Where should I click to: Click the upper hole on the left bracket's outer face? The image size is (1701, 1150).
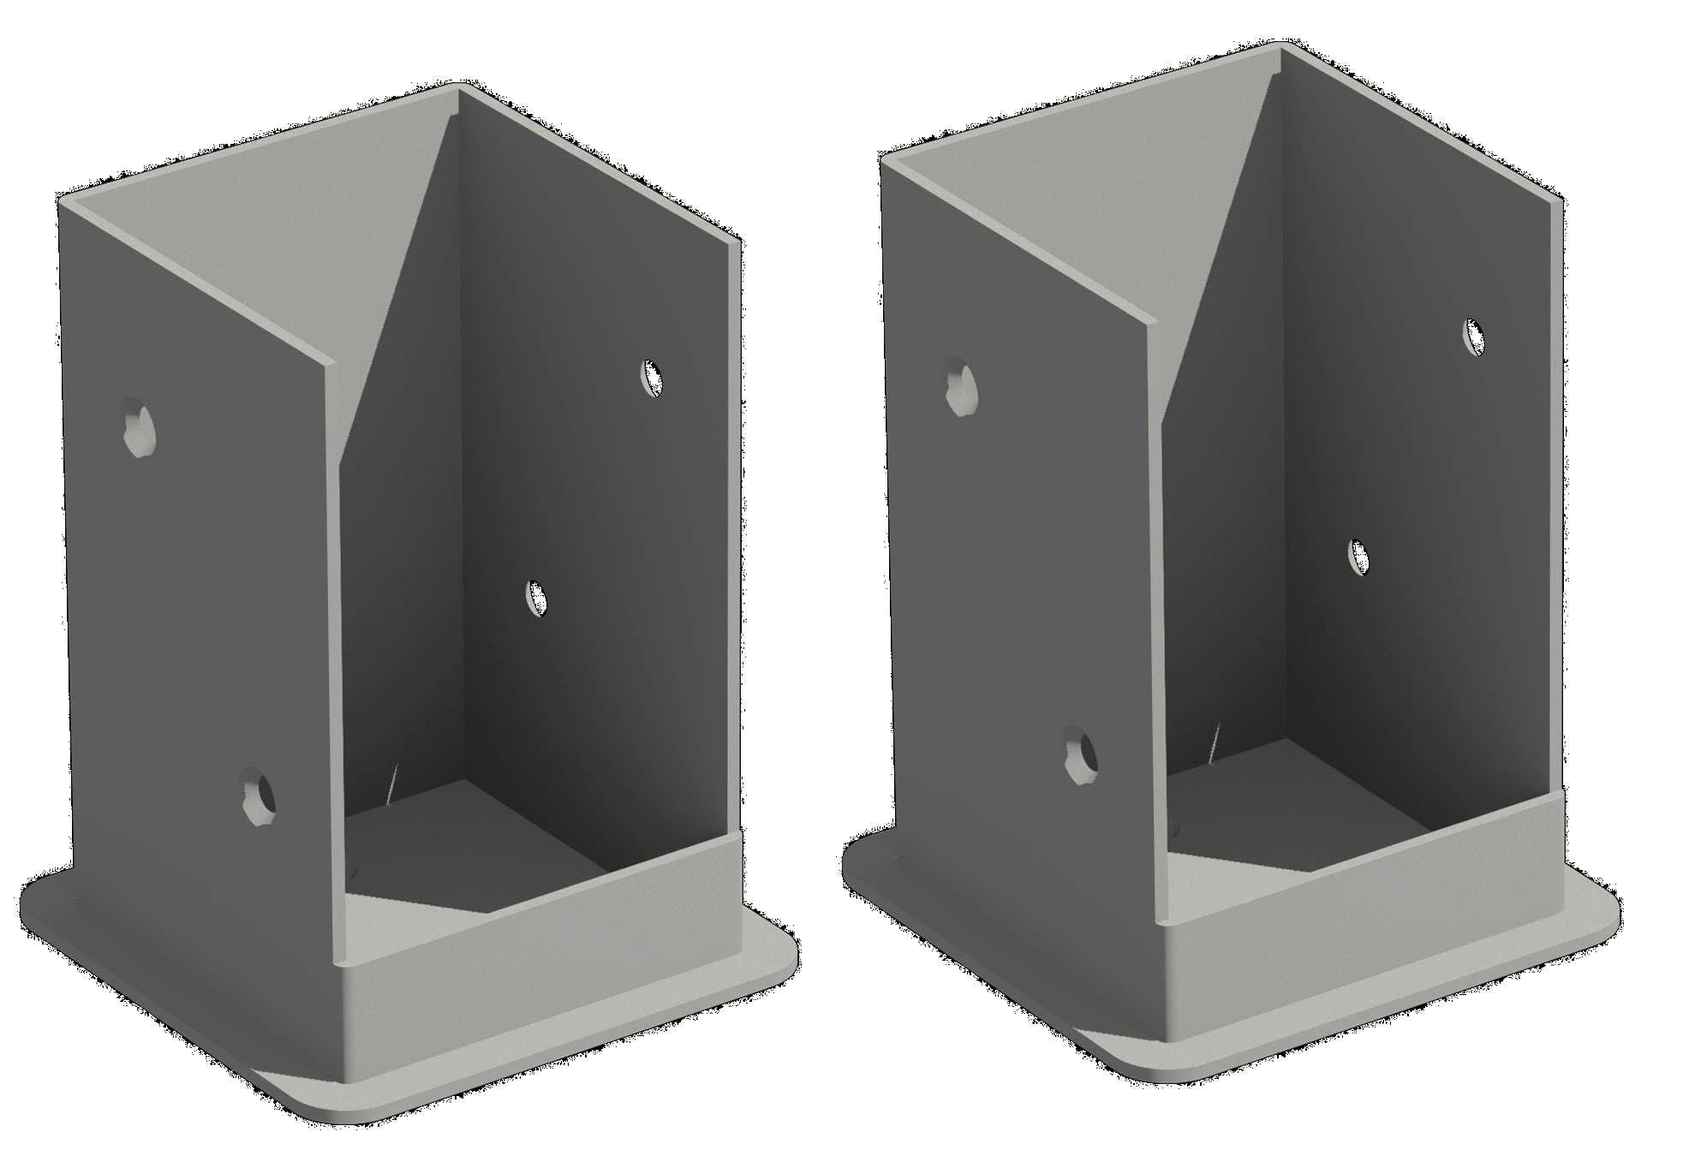point(137,427)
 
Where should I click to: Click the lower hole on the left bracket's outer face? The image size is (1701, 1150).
point(258,795)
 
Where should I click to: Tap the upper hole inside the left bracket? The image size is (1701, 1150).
point(653,378)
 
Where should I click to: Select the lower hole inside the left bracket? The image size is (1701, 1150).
point(537,597)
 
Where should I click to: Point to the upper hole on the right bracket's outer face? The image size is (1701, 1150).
point(961,387)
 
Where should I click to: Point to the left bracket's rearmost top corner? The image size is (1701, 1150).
point(459,85)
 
